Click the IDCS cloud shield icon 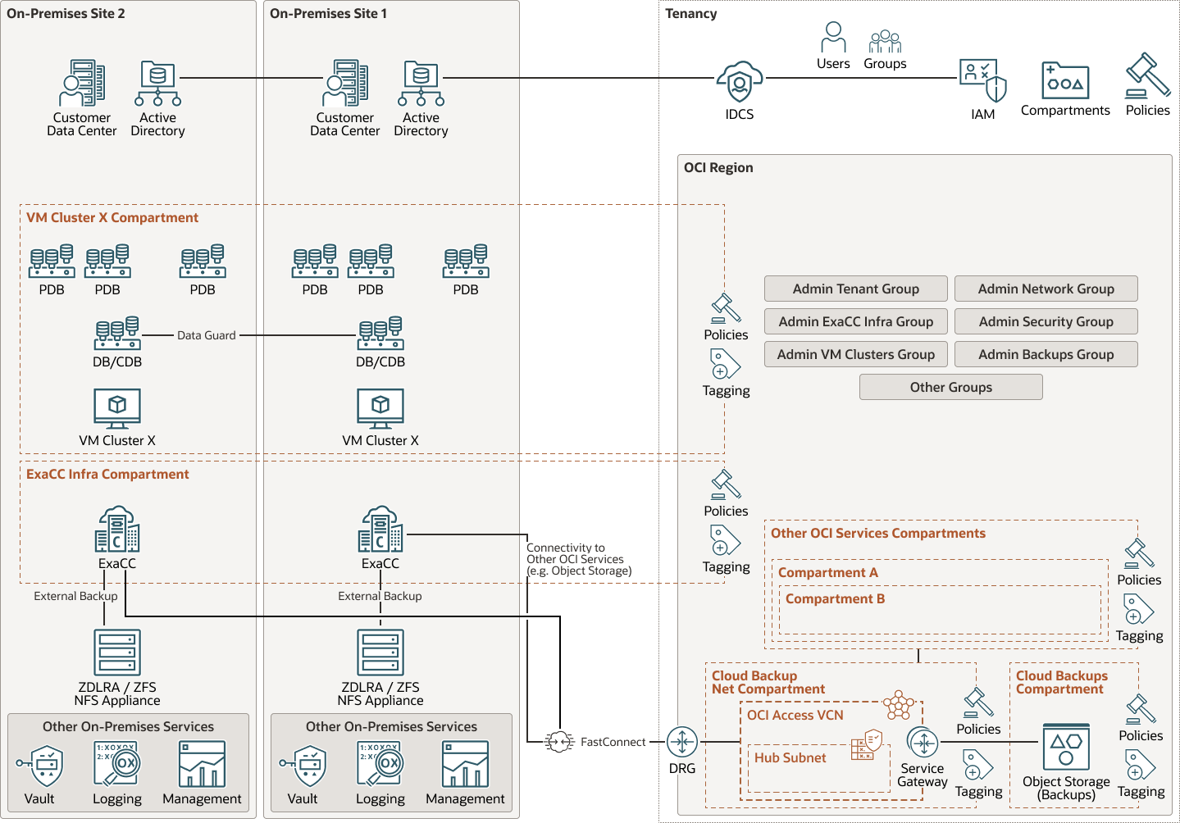[739, 82]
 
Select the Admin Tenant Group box [855, 289]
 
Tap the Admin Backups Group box [1046, 354]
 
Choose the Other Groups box [950, 387]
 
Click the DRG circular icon [681, 742]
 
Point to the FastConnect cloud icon [559, 742]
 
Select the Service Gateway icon [923, 743]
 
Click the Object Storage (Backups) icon [1066, 747]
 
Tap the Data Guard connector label [207, 335]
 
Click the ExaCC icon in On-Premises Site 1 [380, 530]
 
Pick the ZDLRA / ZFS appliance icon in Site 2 [117, 652]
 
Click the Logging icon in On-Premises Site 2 [116, 764]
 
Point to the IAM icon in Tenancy [982, 80]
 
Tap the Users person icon [833, 38]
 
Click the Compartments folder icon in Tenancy [1065, 80]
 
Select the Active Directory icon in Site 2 [157, 84]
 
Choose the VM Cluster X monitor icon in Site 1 [380, 408]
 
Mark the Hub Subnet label [790, 758]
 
